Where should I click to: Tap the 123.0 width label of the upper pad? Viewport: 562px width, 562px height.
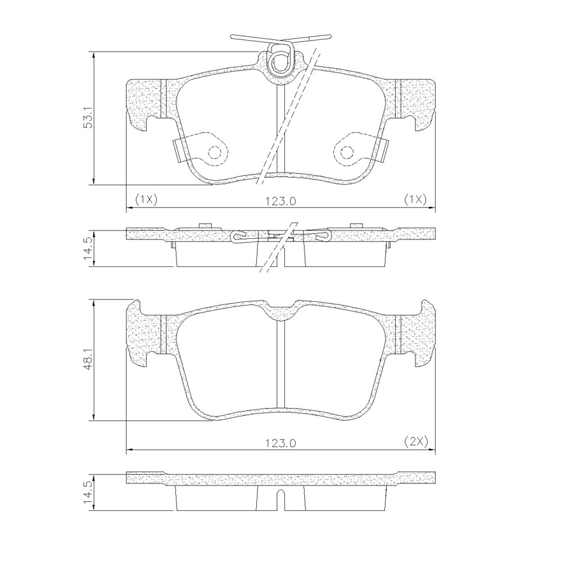280,201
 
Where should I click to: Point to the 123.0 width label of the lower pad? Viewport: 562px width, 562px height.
280,444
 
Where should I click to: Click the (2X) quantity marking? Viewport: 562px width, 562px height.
416,442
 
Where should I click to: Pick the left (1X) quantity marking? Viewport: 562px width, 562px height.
146,200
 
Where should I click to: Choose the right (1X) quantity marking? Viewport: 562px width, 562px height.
415,200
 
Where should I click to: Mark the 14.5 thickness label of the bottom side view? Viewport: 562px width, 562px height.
88,493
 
